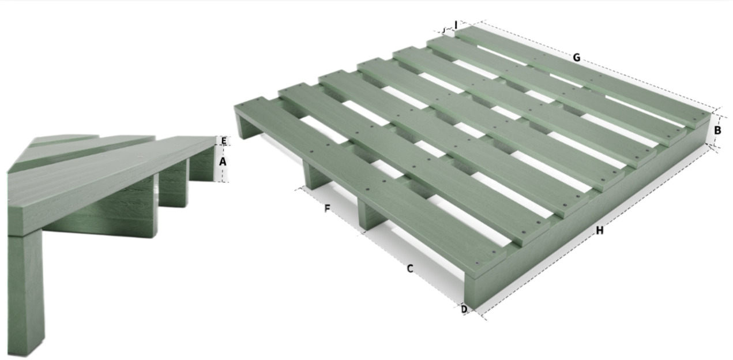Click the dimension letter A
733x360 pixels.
223,162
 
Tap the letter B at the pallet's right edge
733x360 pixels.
717,130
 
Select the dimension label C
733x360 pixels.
409,269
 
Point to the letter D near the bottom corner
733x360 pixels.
464,309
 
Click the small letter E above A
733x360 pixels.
224,141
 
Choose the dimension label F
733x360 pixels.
326,208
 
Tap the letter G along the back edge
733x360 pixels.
577,58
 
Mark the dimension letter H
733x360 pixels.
599,230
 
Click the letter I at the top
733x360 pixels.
456,25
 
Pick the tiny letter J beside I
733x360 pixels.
443,31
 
